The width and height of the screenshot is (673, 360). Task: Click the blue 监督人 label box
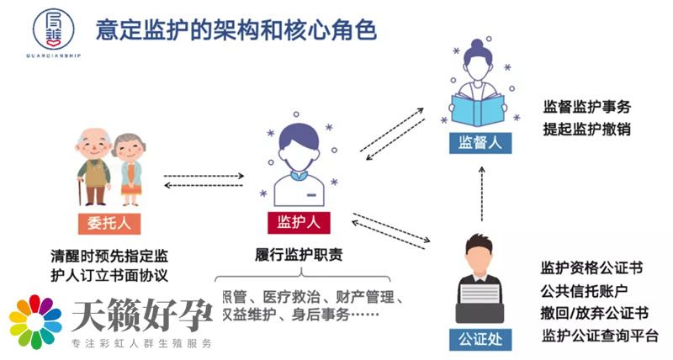coord(480,143)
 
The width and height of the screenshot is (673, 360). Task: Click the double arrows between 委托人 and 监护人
coord(203,181)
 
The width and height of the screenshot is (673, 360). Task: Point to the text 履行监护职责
coord(298,253)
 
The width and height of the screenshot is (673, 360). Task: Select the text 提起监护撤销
coord(586,130)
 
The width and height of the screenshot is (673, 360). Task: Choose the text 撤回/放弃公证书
coord(594,314)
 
